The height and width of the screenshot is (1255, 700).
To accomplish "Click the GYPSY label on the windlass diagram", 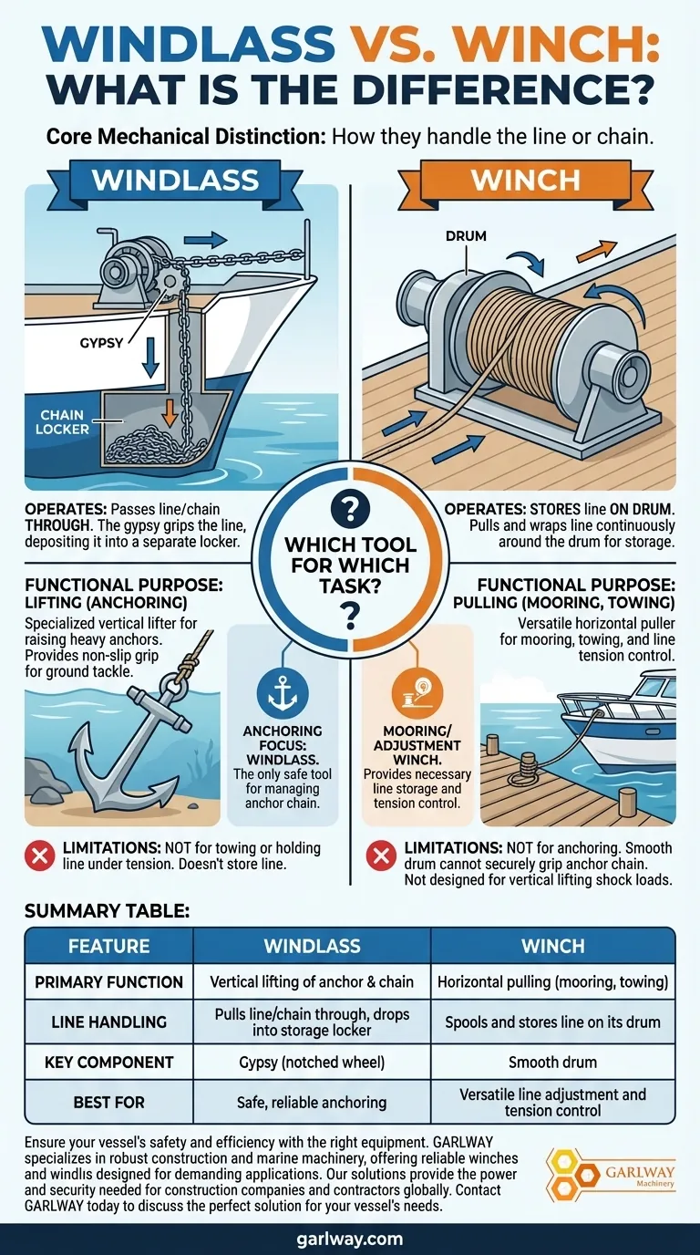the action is pyautogui.click(x=101, y=343).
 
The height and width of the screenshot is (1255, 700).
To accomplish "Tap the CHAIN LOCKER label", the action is pyautogui.click(x=62, y=422).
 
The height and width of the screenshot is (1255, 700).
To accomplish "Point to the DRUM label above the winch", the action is pyautogui.click(x=466, y=236).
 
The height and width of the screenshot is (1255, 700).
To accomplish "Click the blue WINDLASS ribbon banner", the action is pyautogui.click(x=176, y=181).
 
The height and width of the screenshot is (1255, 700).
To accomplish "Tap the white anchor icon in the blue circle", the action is pyautogui.click(x=283, y=693).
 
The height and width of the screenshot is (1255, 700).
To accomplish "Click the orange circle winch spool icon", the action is pyautogui.click(x=417, y=693).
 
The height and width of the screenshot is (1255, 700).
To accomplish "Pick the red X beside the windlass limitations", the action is pyautogui.click(x=40, y=856).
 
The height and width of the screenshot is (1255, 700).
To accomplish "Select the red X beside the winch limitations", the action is pyautogui.click(x=381, y=856).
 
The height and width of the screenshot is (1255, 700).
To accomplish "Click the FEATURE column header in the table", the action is pyautogui.click(x=109, y=946).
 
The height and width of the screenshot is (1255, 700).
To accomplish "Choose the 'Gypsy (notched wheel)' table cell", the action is pyautogui.click(x=312, y=1063).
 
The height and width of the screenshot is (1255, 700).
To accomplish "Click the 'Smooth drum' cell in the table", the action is pyautogui.click(x=552, y=1063).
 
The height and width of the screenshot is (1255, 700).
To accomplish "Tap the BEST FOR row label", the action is pyautogui.click(x=109, y=1102).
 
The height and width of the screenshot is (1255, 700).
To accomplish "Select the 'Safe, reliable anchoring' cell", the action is pyautogui.click(x=312, y=1103).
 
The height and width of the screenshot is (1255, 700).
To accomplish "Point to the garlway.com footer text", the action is pyautogui.click(x=349, y=1239).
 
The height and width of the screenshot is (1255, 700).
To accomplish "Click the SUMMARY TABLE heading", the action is pyautogui.click(x=107, y=911).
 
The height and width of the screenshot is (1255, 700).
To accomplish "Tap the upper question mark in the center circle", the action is pyautogui.click(x=350, y=509).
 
